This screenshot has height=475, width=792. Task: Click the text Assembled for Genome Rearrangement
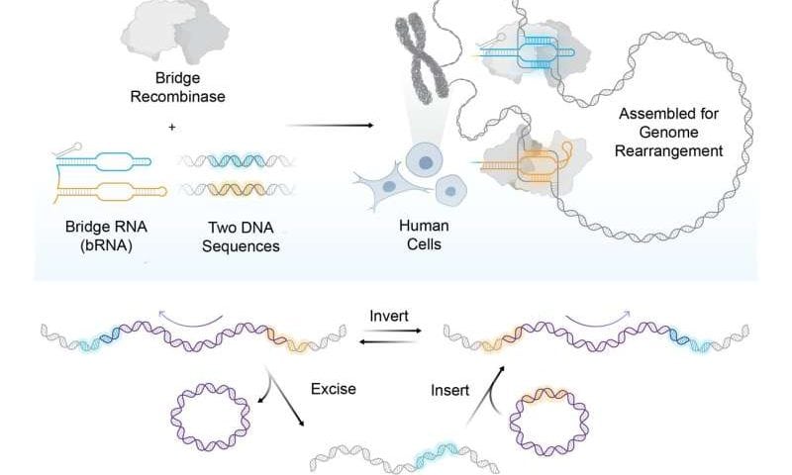pos(670,133)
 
